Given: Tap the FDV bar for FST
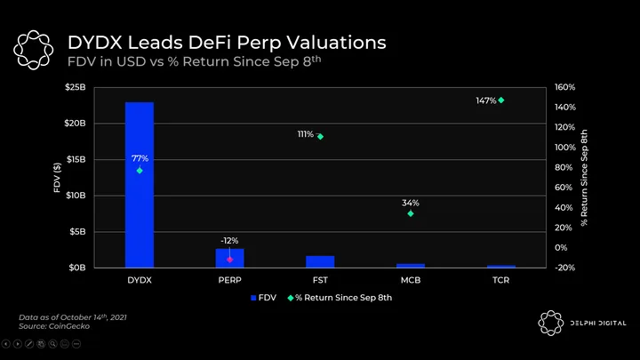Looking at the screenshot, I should tap(320, 261).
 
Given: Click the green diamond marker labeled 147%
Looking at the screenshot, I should tap(501, 100).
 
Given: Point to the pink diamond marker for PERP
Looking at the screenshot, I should tap(229, 260).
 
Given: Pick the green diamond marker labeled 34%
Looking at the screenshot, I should tap(411, 213).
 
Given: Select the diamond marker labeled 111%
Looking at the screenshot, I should tap(320, 136).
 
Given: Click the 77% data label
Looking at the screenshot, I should tap(140, 158).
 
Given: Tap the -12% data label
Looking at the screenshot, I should tap(229, 240).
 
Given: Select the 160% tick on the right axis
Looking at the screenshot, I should tap(565, 87).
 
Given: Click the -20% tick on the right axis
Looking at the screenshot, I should tap(565, 267).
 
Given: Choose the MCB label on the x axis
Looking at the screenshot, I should tap(411, 279).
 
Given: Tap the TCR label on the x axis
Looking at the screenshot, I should tap(501, 279).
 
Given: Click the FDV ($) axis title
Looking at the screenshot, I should tap(57, 178).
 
